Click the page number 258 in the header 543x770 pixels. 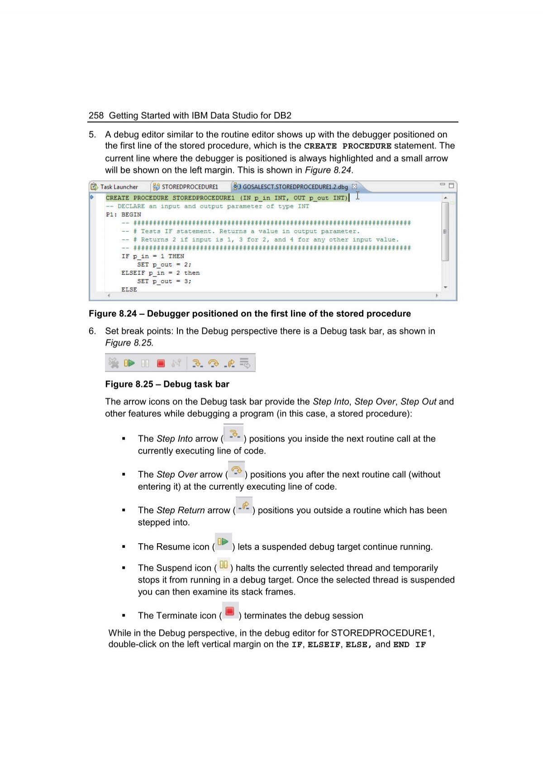pyautogui.click(x=96, y=115)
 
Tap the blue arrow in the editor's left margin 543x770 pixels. pyautogui.click(x=91, y=197)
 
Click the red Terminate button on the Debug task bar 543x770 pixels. pyautogui.click(x=161, y=363)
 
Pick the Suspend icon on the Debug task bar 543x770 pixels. pyautogui.click(x=145, y=363)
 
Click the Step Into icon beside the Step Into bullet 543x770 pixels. pyautogui.click(x=233, y=434)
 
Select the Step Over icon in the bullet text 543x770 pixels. pyautogui.click(x=236, y=470)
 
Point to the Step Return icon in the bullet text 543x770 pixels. pyautogui.click(x=244, y=506)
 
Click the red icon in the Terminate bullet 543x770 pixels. pyautogui.click(x=229, y=612)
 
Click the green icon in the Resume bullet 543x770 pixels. pyautogui.click(x=223, y=542)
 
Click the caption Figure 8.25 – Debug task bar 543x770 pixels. pyautogui.click(x=167, y=384)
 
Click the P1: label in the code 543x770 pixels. pyautogui.click(x=111, y=215)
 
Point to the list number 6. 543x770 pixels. pyautogui.click(x=92, y=331)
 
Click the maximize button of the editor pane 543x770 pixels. pyautogui.click(x=451, y=186)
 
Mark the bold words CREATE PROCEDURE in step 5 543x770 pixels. pyautogui.click(x=348, y=146)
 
